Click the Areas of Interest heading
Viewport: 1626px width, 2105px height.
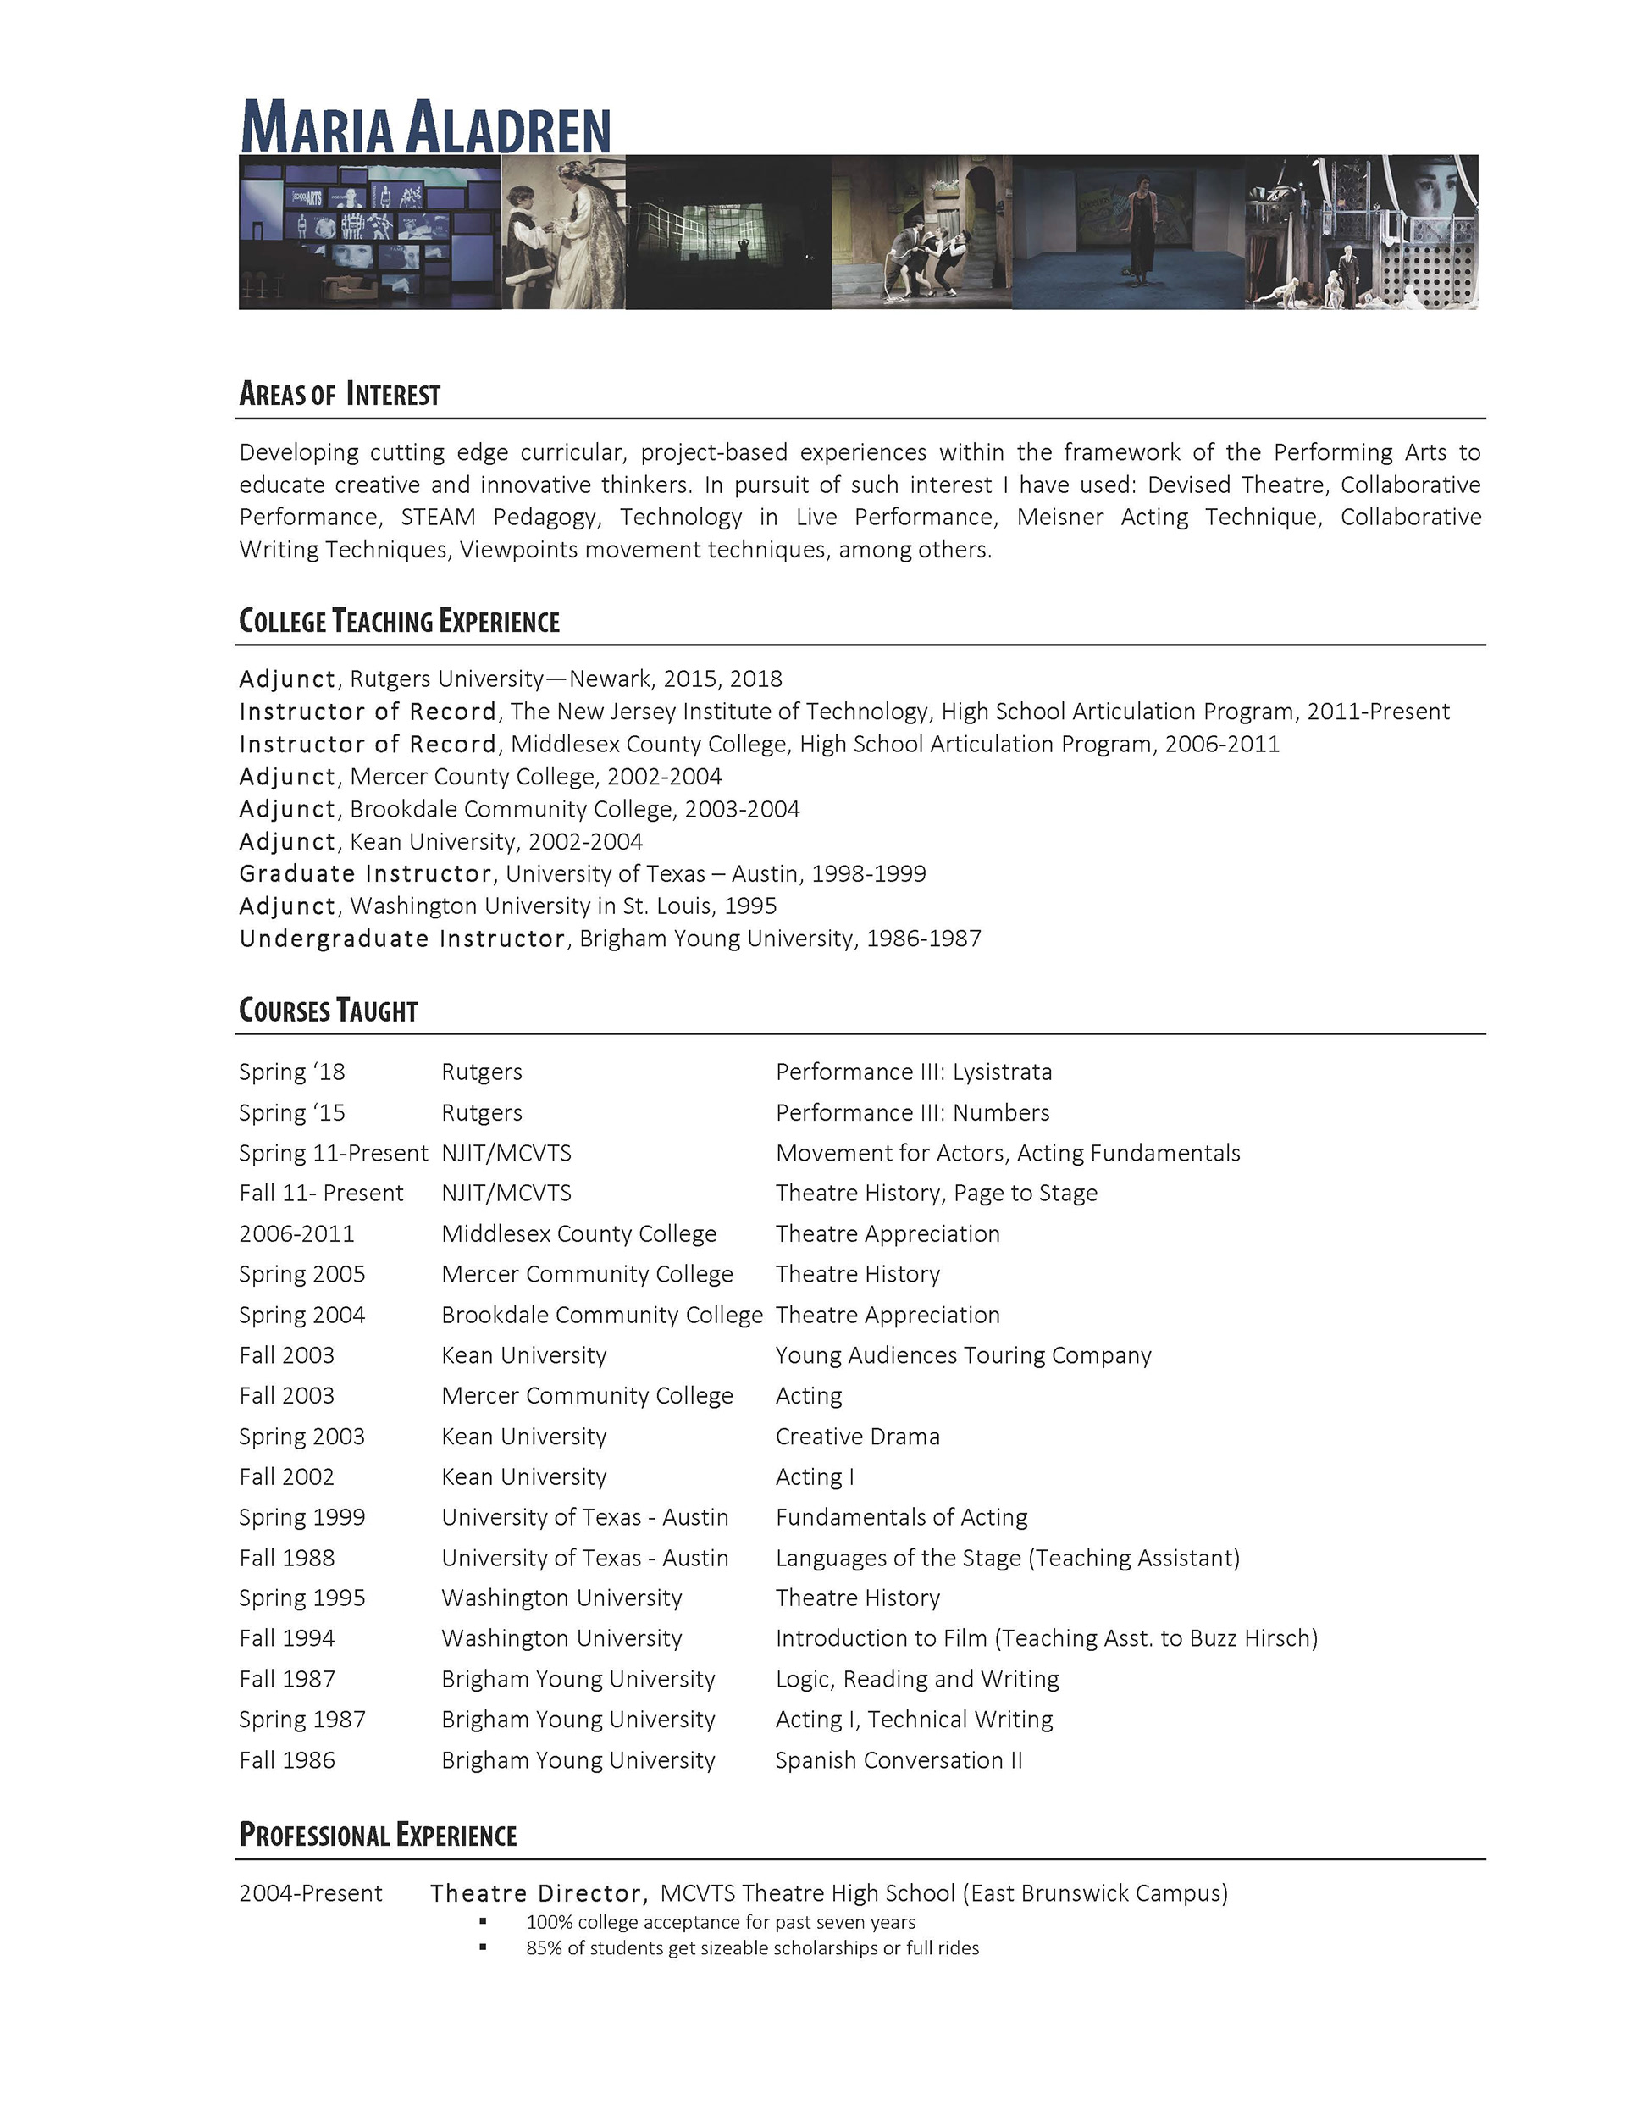(x=340, y=394)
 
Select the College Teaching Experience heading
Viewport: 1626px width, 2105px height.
(x=399, y=621)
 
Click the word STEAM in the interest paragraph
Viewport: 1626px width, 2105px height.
(x=438, y=518)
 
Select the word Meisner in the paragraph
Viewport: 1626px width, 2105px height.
(x=1059, y=518)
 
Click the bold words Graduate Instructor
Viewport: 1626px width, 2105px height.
(x=365, y=874)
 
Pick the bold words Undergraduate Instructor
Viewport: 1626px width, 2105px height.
(x=402, y=939)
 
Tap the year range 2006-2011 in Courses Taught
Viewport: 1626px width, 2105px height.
(x=297, y=1233)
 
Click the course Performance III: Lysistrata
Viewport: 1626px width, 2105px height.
(x=913, y=1072)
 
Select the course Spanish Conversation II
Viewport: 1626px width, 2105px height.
(x=899, y=1760)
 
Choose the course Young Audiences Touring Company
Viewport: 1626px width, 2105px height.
(x=963, y=1355)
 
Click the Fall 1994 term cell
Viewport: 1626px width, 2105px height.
(x=287, y=1638)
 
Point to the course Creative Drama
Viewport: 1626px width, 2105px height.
(x=857, y=1436)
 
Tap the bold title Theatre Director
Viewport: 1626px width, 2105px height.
(x=536, y=1893)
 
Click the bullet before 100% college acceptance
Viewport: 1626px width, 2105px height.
(x=483, y=1922)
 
